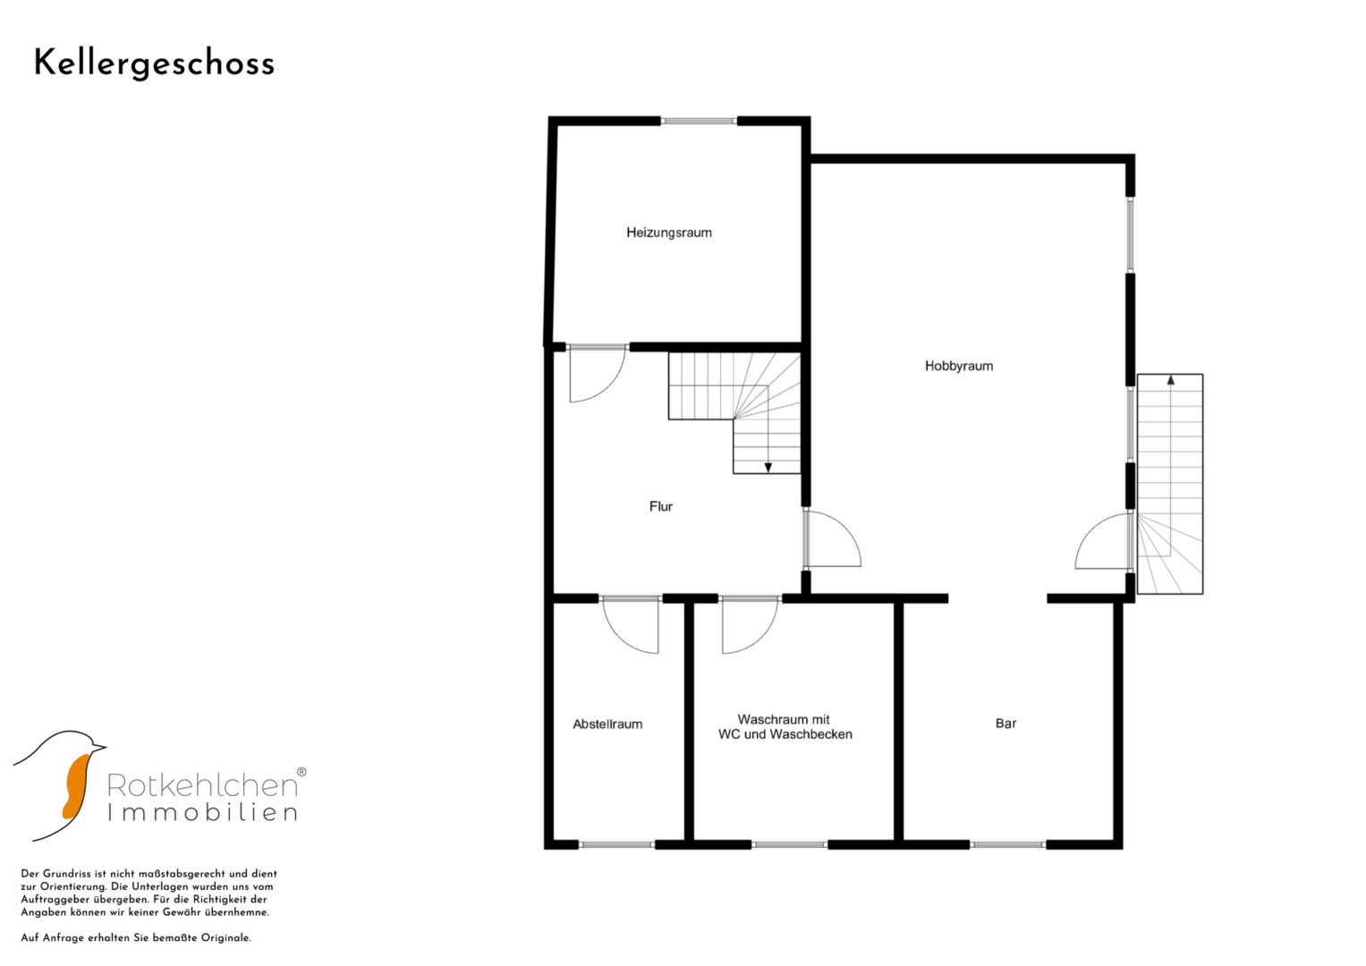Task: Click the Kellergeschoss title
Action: click(x=154, y=64)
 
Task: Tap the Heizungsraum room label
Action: click(x=669, y=233)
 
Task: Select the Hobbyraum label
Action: click(x=959, y=366)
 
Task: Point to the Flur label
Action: click(x=661, y=506)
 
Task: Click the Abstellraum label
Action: click(x=607, y=724)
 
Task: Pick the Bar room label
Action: click(x=1005, y=724)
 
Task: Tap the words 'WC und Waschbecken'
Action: click(x=785, y=734)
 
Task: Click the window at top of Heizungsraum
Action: click(x=699, y=122)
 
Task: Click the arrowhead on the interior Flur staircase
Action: click(x=768, y=468)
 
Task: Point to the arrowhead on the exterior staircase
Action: click(x=1171, y=379)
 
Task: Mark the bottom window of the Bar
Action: click(x=1008, y=844)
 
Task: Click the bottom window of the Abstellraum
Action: click(x=616, y=844)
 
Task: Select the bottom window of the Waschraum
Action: click(x=790, y=844)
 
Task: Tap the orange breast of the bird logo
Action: click(x=75, y=787)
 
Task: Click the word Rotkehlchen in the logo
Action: click(x=202, y=785)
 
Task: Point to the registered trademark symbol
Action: click(x=301, y=772)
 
